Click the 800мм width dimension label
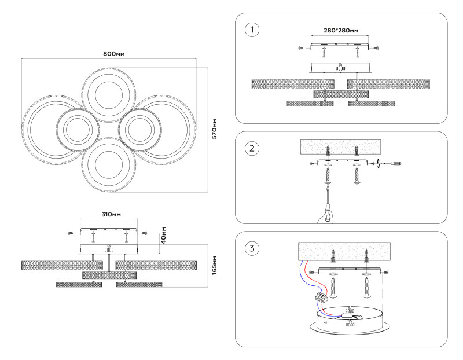point(114,54)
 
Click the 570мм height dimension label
point(214,129)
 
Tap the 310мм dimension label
point(111,214)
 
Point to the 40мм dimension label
point(164,234)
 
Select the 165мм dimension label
point(214,266)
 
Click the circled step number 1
point(251,30)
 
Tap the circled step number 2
point(251,148)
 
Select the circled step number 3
point(251,248)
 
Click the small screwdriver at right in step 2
point(394,164)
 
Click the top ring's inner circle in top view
point(108,94)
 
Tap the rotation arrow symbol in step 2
point(378,164)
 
